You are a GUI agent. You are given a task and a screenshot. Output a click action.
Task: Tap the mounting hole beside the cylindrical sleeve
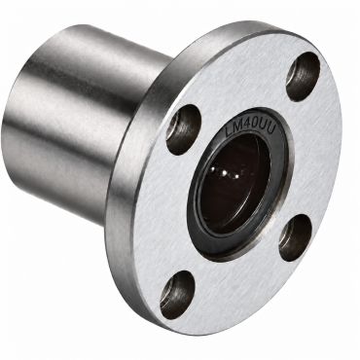[183, 126]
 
